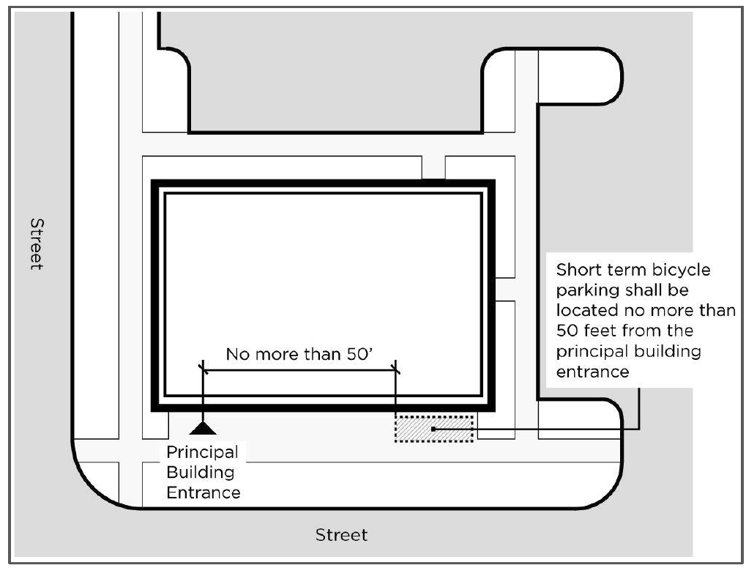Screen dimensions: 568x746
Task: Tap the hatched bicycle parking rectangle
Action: (434, 428)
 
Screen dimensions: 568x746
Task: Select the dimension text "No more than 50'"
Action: (299, 355)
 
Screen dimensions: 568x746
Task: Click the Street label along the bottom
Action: (341, 535)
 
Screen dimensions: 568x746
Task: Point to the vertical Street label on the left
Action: (35, 243)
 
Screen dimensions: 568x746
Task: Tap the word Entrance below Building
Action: (204, 493)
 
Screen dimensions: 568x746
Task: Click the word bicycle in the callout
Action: (673, 269)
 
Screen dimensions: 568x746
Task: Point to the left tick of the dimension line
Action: (202, 369)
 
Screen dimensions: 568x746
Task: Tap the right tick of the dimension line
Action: (395, 369)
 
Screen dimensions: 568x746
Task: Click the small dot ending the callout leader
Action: (433, 429)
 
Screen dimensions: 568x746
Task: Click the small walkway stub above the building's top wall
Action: (433, 168)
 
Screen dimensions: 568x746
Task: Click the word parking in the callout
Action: (586, 289)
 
